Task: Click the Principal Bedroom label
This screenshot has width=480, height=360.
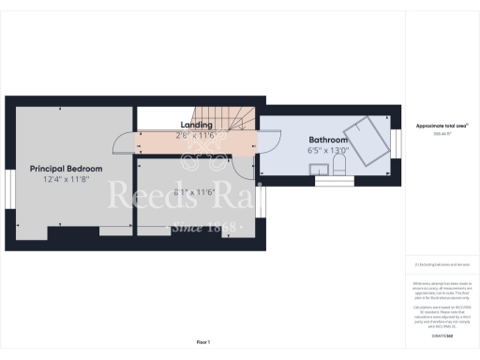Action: tap(67, 168)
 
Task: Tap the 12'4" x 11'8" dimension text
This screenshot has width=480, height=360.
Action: tap(67, 179)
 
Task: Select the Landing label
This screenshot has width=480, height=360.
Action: tap(196, 125)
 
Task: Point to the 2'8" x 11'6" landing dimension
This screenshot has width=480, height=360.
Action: tap(196, 136)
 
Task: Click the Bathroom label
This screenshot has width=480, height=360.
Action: tap(327, 140)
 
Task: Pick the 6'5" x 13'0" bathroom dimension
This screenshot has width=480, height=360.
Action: tap(327, 150)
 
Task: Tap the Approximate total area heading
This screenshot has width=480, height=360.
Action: tap(440, 126)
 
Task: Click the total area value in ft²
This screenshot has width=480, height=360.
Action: tap(440, 135)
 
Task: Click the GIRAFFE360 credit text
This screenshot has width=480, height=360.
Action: tap(440, 335)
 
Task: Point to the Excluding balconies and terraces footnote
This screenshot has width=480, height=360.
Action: tap(440, 267)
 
